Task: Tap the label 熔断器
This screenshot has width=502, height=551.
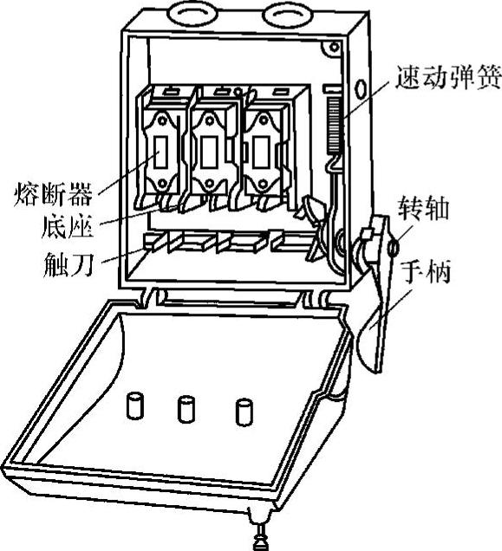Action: [x=53, y=193]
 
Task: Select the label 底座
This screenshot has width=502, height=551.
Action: [x=67, y=226]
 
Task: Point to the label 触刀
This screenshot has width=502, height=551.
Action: [x=68, y=264]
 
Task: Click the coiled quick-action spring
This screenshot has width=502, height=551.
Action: [x=334, y=125]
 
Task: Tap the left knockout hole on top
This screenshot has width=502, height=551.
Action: [x=189, y=15]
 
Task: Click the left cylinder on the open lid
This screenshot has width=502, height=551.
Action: [x=135, y=405]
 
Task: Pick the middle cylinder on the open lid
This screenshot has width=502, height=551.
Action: [x=186, y=409]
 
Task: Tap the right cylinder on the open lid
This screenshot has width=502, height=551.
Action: [x=244, y=412]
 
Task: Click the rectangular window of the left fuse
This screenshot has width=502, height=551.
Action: [x=160, y=152]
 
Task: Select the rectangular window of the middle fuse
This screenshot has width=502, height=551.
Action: [x=210, y=152]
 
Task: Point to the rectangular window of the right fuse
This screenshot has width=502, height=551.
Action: [x=262, y=152]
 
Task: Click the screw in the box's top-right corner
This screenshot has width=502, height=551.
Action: [x=334, y=47]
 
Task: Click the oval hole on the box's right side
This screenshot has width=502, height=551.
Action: [x=360, y=89]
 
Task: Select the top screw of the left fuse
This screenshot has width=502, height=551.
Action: [x=162, y=120]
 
